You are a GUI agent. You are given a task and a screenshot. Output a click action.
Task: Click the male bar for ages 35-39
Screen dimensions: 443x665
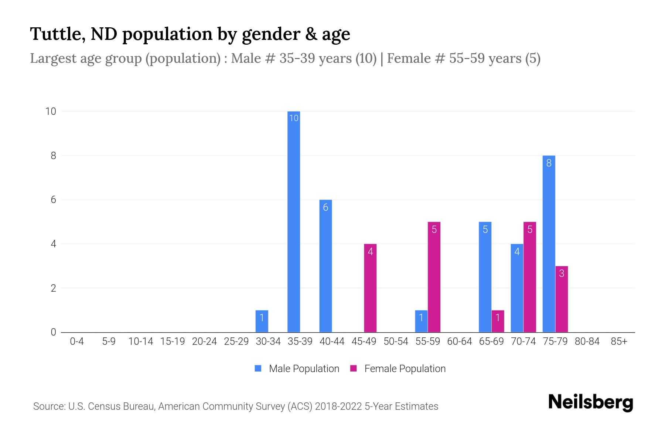coord(294,221)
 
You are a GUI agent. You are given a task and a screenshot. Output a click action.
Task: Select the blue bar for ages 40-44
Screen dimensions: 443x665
coord(325,266)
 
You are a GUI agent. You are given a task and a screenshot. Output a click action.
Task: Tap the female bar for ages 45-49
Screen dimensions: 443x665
coord(370,288)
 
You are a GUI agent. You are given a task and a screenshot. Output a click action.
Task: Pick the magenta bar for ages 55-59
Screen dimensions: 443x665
coord(434,277)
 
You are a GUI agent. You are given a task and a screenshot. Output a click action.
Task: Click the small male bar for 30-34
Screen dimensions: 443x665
coord(262,321)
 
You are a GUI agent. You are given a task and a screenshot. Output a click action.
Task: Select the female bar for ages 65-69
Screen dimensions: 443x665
coord(498,321)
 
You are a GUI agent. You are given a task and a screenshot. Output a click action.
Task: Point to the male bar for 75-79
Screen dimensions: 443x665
coord(549,244)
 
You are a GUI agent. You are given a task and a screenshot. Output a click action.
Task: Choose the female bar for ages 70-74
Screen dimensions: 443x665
coord(529,277)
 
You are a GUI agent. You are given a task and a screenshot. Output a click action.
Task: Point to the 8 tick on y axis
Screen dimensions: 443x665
coord(54,156)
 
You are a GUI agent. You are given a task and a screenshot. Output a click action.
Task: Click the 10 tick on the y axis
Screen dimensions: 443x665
coord(51,111)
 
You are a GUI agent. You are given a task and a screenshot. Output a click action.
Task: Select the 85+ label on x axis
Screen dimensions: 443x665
coord(619,341)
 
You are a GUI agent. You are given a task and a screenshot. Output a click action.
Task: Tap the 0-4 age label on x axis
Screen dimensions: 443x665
coord(77,341)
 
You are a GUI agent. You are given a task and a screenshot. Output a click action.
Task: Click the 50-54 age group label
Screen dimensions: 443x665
coord(396,341)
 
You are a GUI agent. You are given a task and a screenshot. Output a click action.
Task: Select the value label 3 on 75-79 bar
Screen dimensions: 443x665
coord(562,274)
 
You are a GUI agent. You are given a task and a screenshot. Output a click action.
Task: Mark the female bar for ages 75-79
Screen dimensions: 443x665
coord(562,299)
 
